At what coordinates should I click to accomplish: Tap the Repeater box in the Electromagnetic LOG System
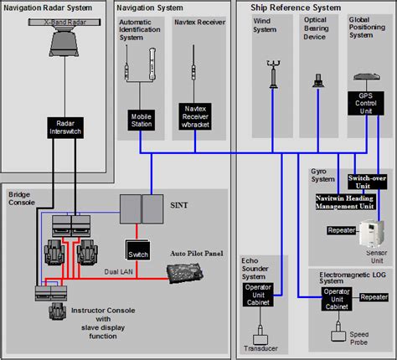[x=374, y=296]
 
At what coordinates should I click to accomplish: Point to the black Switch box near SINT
[x=137, y=251]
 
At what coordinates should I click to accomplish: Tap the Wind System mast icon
[x=274, y=75]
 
